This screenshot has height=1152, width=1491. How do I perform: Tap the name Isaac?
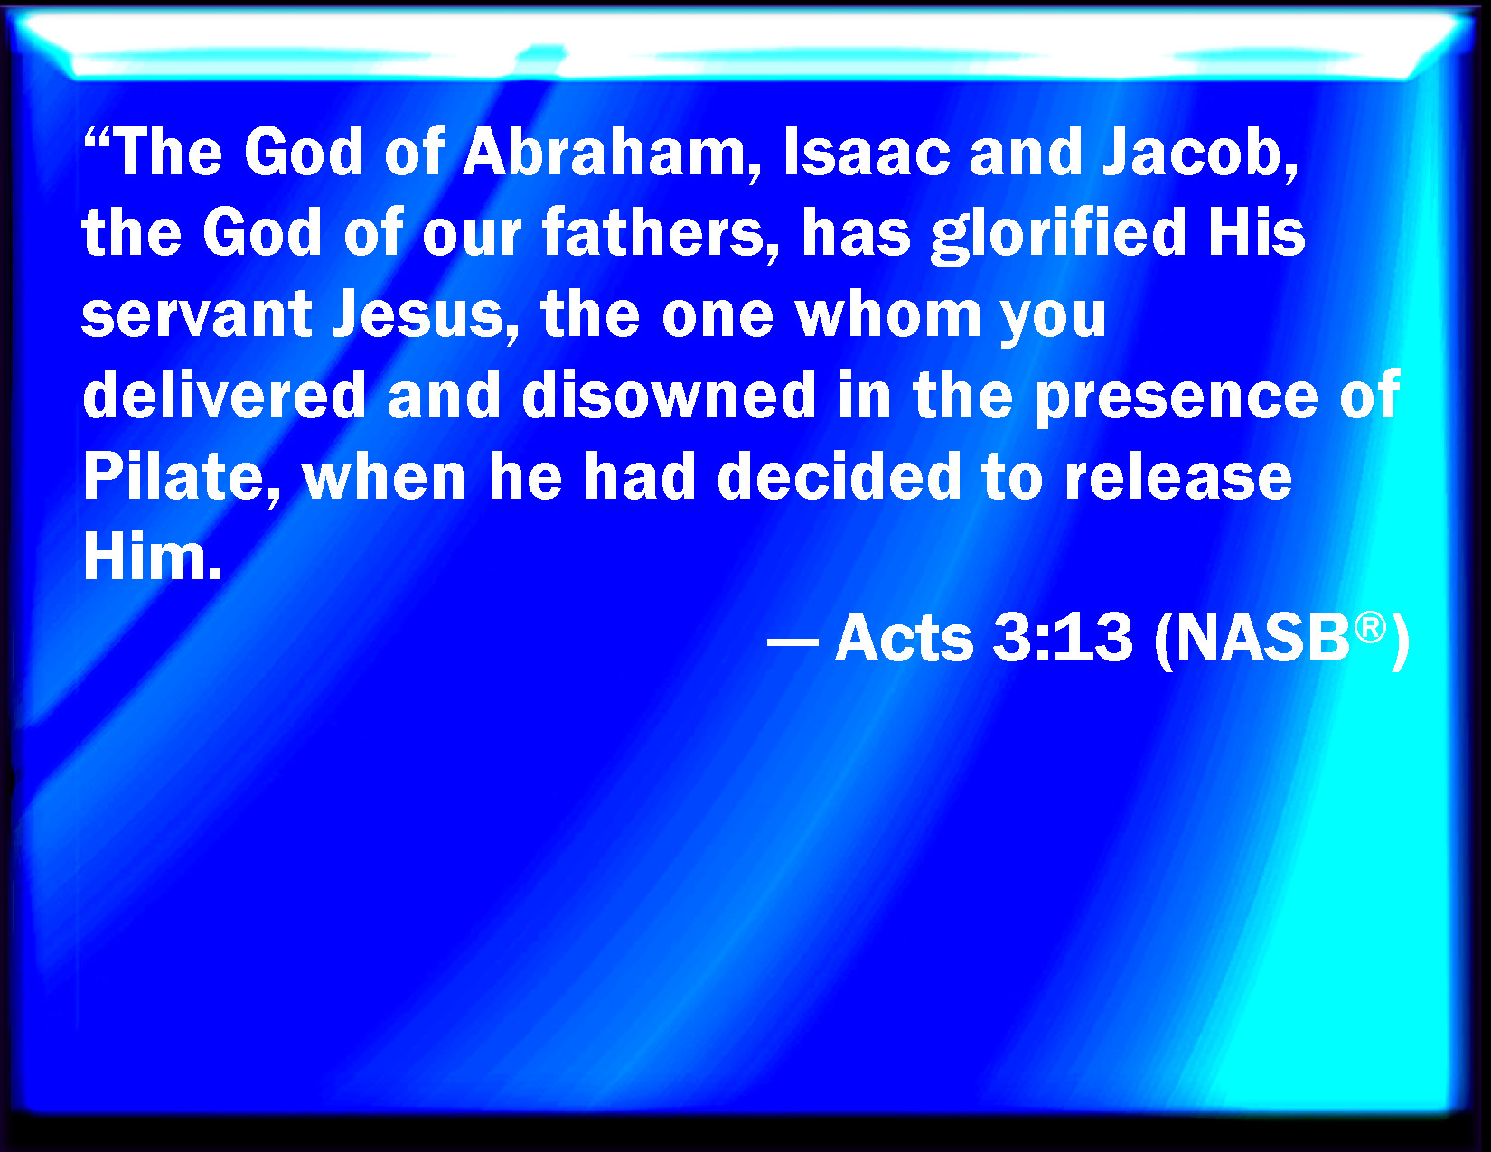point(867,153)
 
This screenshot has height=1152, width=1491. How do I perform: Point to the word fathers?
point(661,233)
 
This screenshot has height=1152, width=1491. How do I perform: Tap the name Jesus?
point(425,314)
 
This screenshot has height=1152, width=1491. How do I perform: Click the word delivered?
point(224,395)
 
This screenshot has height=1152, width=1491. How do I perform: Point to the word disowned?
point(669,395)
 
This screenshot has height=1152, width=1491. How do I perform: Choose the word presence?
point(1176,398)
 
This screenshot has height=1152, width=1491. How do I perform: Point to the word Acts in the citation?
point(905,638)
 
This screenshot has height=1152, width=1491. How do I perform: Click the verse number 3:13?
point(1062,638)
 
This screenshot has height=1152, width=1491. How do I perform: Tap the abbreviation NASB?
point(1262,638)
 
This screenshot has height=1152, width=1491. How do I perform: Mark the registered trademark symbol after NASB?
point(1370,629)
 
